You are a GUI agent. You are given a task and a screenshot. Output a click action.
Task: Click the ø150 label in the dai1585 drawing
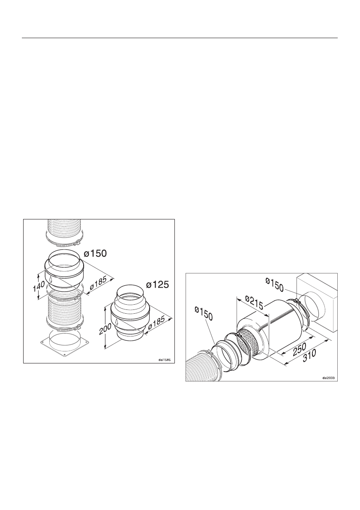95,253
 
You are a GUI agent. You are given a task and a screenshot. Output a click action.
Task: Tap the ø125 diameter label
157,284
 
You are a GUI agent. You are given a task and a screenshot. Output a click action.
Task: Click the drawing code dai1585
164,360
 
